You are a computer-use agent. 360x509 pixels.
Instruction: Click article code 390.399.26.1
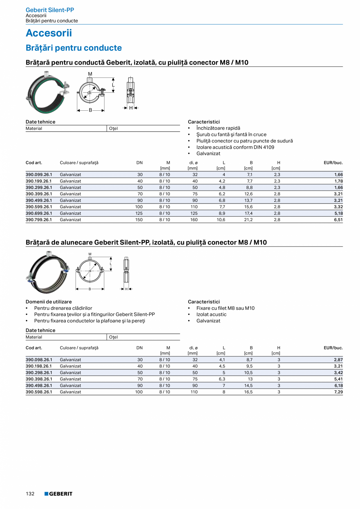pos(39,194)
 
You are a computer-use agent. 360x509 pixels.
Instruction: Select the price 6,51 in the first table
pos(338,220)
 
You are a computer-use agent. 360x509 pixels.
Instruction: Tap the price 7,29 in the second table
pos(338,392)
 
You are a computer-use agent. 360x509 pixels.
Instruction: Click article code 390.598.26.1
pos(39,392)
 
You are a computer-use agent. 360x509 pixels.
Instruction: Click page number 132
pos(30,494)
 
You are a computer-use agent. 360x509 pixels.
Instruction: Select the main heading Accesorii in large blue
pos(49,33)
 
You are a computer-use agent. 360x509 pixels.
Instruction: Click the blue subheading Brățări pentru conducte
pos(74,48)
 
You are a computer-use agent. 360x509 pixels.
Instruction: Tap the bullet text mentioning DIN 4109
pos(235,147)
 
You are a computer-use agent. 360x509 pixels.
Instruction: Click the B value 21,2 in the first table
pos(248,220)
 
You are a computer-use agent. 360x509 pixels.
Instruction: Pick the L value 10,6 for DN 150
pos(221,220)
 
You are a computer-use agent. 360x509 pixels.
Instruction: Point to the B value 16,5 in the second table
pos(248,392)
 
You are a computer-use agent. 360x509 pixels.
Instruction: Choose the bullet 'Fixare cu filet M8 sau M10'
pos(225,308)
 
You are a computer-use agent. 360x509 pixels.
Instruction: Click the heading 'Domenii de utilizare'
pos(49,302)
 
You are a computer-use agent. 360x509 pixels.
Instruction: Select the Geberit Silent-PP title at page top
pos(50,10)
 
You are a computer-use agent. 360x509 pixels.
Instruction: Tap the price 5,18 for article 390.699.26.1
pos(338,214)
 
